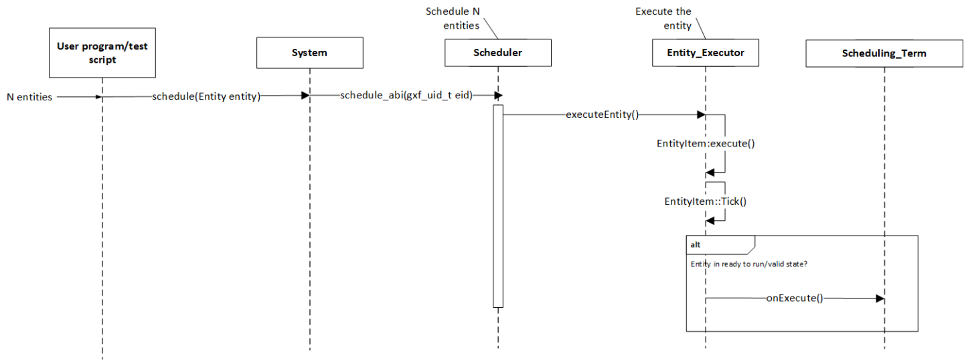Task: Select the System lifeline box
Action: [x=309, y=52]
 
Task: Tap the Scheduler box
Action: [x=498, y=52]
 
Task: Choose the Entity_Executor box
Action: [x=706, y=52]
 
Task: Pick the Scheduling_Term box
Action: [x=884, y=52]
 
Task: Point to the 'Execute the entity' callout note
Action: [x=663, y=19]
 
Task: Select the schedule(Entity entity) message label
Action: [x=210, y=96]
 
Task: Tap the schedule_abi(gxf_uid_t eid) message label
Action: [x=406, y=96]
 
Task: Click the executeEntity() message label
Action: [x=602, y=114]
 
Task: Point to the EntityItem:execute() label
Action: [x=706, y=143]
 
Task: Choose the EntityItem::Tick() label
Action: [x=705, y=200]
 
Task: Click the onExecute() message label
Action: [x=794, y=298]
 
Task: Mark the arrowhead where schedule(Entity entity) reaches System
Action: [x=305, y=96]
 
